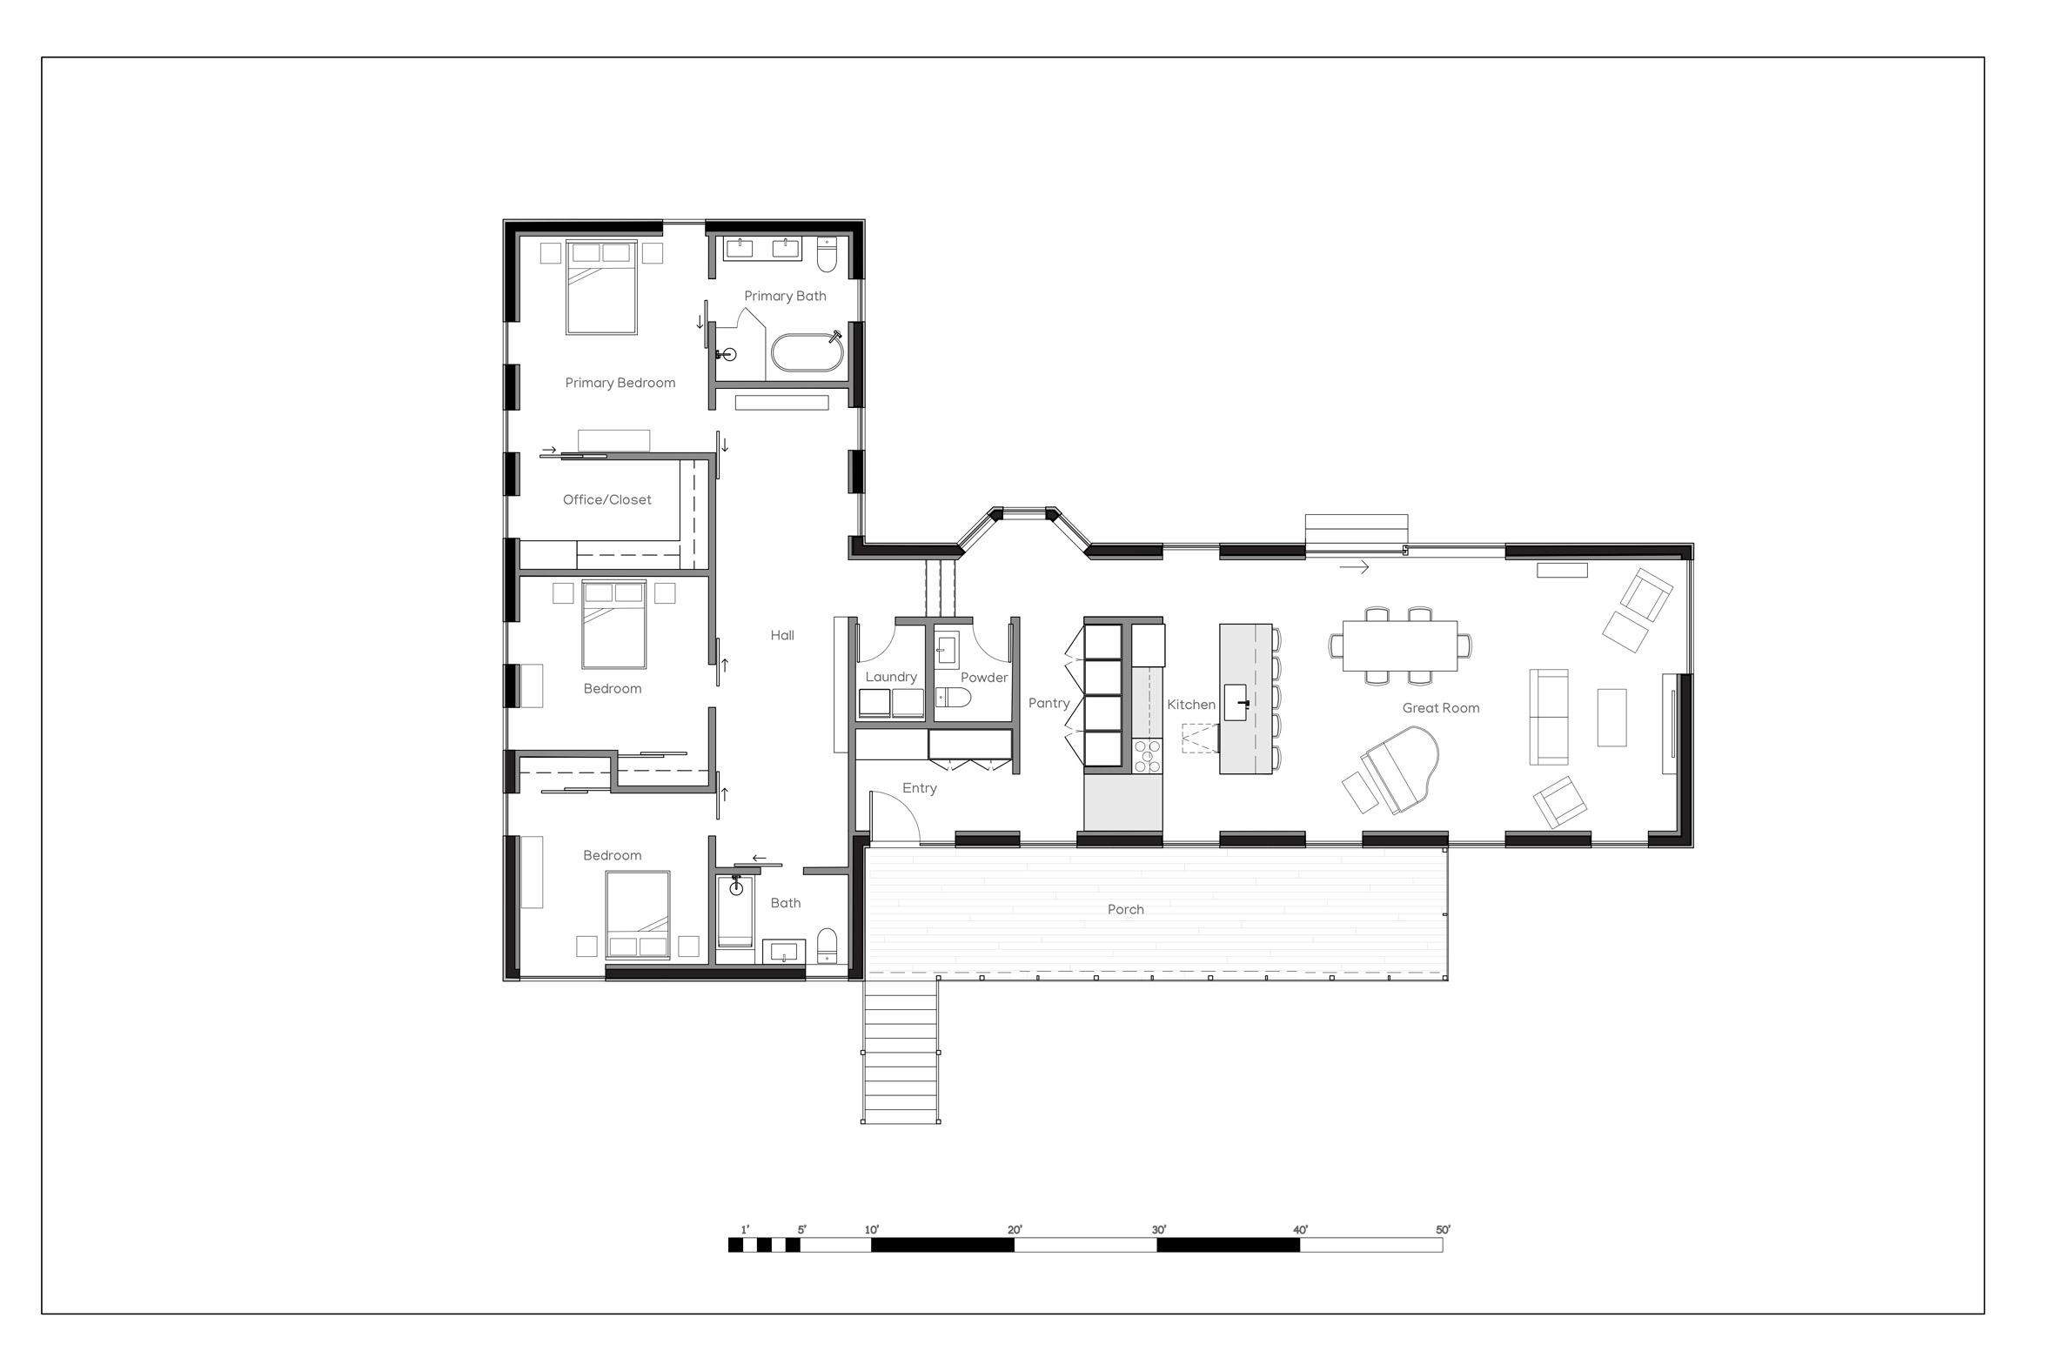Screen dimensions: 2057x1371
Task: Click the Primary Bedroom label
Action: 620,383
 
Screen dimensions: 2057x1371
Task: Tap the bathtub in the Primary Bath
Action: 807,352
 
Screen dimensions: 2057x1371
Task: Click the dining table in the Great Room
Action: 1399,645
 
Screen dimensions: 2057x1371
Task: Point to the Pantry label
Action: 1049,703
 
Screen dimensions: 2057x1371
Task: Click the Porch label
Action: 1126,909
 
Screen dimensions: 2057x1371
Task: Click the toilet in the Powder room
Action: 954,697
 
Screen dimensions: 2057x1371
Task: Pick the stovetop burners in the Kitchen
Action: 1148,756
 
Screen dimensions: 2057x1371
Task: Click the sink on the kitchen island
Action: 1235,702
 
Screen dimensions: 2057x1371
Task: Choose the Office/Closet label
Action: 607,500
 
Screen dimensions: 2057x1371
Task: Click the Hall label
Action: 782,636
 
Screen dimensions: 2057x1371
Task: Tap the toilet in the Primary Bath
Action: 827,253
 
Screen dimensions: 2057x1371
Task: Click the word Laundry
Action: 891,678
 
